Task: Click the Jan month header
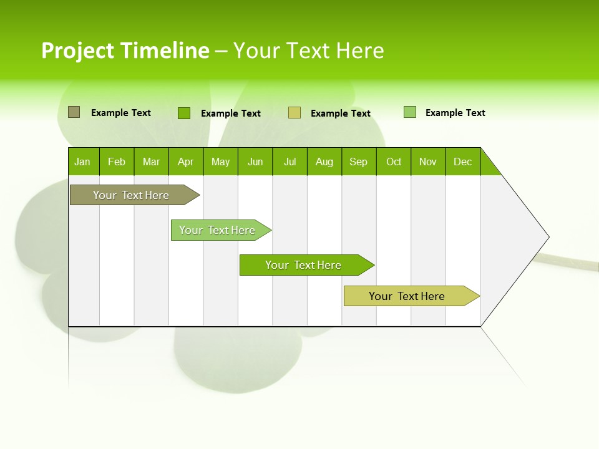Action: pos(83,162)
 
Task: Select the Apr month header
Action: pos(186,162)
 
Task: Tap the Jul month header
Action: pos(290,162)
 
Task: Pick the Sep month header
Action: pos(359,162)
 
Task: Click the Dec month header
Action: pos(462,162)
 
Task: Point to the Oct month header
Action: pos(393,162)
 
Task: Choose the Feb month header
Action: pos(117,162)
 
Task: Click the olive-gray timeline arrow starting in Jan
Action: pos(131,195)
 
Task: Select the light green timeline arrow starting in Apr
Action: pos(217,230)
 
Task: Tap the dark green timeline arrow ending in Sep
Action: pos(303,265)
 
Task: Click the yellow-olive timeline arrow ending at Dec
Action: pos(407,296)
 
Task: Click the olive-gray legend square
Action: pos(74,112)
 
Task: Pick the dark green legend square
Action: pos(184,113)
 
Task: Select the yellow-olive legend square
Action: pos(295,113)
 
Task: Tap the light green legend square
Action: pos(410,112)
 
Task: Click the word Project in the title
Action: pos(79,51)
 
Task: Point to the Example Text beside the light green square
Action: pos(455,113)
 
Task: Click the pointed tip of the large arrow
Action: pos(547,237)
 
